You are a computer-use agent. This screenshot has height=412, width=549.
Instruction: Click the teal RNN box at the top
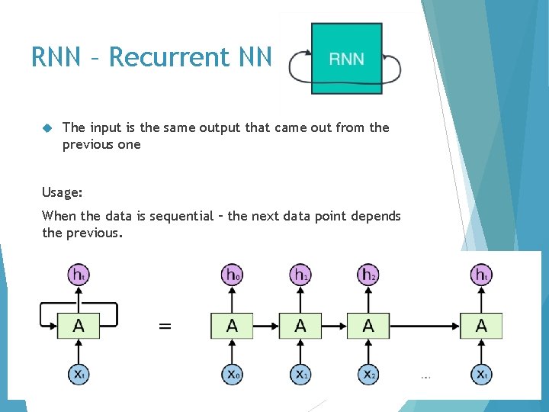[346, 58]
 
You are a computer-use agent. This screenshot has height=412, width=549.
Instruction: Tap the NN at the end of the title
[255, 57]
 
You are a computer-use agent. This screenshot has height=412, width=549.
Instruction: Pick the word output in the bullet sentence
[222, 127]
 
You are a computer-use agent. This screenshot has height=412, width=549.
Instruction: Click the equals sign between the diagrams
[164, 326]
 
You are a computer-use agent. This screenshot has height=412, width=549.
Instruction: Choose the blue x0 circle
[232, 374]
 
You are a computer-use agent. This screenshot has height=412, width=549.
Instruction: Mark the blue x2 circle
[368, 374]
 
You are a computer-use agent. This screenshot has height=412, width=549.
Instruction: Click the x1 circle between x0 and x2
[300, 374]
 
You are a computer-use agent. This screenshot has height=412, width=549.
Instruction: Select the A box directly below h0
[232, 326]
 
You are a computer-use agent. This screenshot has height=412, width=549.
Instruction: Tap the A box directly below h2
[368, 326]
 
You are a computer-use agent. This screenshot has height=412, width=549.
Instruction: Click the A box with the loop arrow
[79, 326]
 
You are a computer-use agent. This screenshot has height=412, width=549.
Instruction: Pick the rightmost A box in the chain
[481, 326]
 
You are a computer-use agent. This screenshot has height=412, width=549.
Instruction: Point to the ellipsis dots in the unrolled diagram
[425, 375]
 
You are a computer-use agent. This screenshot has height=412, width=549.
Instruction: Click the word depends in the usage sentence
[376, 216]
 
